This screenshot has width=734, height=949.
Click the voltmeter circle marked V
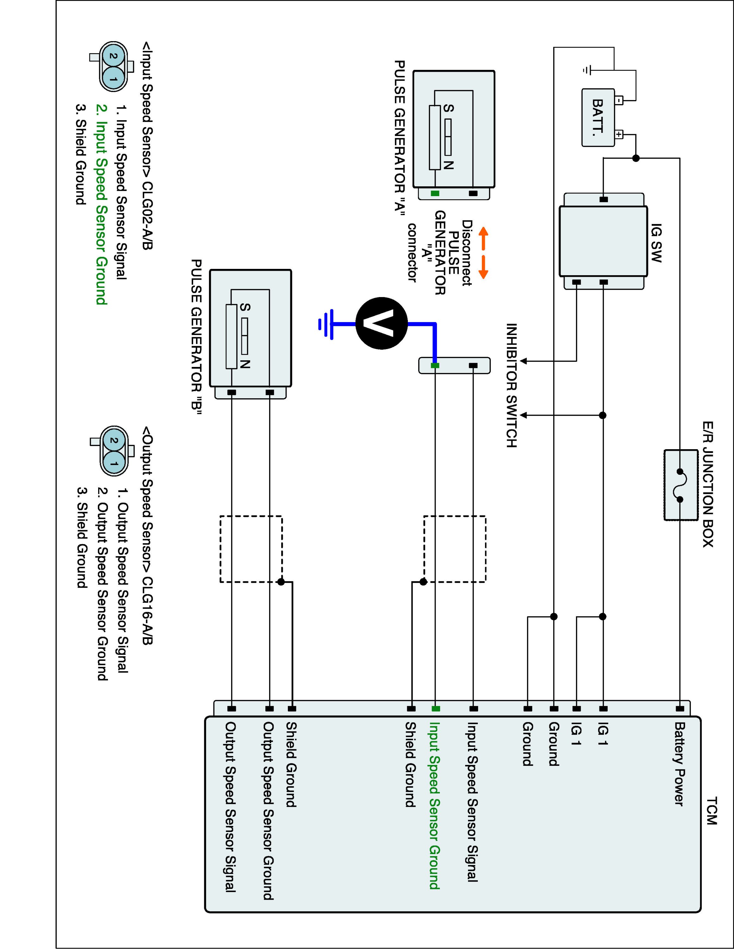pos(381,323)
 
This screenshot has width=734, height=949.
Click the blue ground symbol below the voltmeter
pos(326,324)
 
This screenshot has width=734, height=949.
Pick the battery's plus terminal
pos(619,134)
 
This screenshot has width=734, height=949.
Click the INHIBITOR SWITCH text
pos(511,385)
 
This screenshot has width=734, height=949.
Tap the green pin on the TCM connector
pos(436,709)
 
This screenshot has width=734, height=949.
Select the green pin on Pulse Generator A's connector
pos(435,193)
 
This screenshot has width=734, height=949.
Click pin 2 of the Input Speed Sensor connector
pos(113,56)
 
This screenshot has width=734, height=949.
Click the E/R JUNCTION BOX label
pos(707,484)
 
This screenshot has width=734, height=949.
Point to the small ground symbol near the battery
pos(586,70)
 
